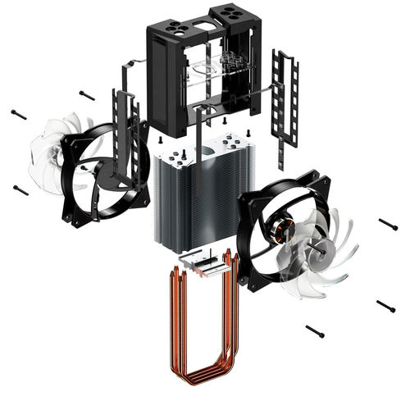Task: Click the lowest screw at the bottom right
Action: pos(316,331)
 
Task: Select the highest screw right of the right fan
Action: pos(388,223)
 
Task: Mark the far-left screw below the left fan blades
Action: pos(21,190)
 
